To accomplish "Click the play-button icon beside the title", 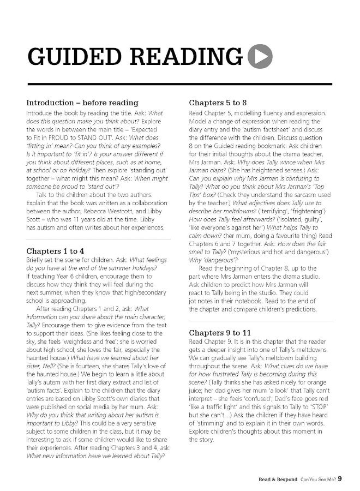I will tap(260, 56).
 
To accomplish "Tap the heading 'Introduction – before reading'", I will tap(82, 103).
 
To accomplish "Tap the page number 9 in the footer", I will tap(340, 479).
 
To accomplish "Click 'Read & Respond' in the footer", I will tap(278, 480).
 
